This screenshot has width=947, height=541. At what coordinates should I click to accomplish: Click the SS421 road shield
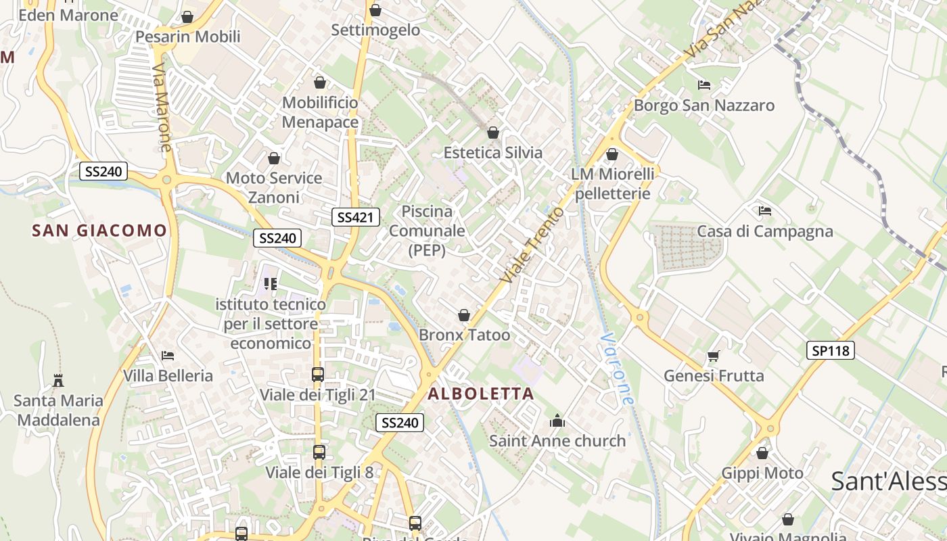355,217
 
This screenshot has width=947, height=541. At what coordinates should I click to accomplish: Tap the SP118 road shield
831,350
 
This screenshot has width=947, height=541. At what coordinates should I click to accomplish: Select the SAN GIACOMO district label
99,231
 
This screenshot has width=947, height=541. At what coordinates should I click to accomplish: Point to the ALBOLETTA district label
481,394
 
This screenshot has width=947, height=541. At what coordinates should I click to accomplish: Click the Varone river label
618,369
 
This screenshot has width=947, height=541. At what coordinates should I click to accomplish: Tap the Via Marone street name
162,108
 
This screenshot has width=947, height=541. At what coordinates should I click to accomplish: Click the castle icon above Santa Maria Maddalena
58,381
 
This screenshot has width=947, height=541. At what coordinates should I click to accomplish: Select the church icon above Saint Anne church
557,421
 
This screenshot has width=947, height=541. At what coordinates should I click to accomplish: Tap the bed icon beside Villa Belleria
168,356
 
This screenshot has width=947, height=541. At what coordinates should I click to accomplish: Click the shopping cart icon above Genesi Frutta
713,356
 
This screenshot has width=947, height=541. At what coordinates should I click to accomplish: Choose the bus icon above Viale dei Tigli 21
317,374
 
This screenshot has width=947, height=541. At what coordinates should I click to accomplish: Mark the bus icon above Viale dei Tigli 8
319,452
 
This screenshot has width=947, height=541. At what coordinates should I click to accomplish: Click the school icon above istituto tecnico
271,284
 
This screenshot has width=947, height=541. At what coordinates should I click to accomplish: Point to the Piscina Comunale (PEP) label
427,231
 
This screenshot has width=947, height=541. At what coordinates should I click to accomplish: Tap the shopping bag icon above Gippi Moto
762,453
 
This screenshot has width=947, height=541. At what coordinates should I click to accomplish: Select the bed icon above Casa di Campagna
765,211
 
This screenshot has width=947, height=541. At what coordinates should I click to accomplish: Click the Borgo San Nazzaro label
704,105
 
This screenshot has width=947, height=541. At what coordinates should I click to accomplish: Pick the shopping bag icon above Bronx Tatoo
464,315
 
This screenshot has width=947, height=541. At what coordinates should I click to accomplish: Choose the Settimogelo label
375,30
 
